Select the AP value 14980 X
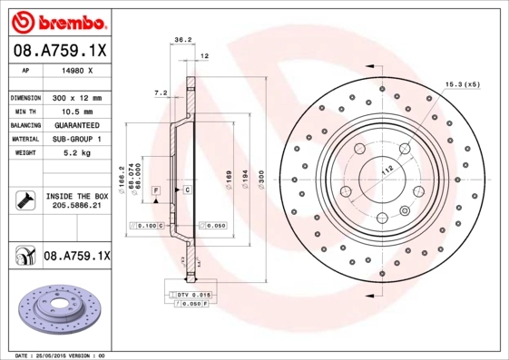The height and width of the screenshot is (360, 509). coord(75,71)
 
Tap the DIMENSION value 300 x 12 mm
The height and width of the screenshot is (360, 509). coord(75,97)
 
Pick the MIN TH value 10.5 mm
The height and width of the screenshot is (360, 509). coord(75,110)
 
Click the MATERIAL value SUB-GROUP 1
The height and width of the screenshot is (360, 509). coord(75,139)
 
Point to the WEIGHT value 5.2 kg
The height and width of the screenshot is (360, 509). coord(75,153)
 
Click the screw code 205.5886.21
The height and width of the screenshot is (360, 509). coord(75,208)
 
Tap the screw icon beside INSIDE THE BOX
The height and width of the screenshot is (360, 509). coord(23,200)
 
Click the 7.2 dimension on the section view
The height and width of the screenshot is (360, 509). coord(162,92)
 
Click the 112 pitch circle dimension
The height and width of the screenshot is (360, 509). coord(384,170)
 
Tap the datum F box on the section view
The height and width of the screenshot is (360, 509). coord(156,190)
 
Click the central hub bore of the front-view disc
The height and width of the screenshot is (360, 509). coord(379,174)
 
